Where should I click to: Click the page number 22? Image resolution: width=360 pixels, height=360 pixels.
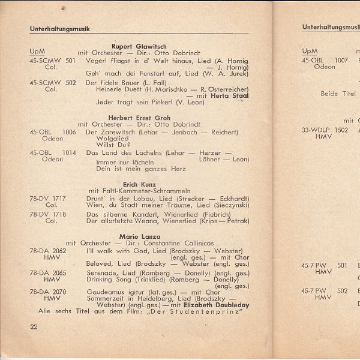[x=34, y=326]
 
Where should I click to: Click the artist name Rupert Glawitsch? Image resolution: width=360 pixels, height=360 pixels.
[x=139, y=46]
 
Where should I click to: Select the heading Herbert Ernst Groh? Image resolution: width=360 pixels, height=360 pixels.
[x=139, y=118]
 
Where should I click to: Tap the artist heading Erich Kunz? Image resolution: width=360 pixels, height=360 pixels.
[x=139, y=184]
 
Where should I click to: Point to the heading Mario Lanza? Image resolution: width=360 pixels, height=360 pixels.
[x=139, y=236]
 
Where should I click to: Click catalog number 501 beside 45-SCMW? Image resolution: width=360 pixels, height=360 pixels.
[x=70, y=61]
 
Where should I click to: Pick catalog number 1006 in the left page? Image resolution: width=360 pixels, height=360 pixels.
[x=69, y=132]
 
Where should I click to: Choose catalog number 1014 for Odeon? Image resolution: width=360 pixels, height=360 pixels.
[x=69, y=153]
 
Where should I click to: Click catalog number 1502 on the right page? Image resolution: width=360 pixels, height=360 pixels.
[x=341, y=130]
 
